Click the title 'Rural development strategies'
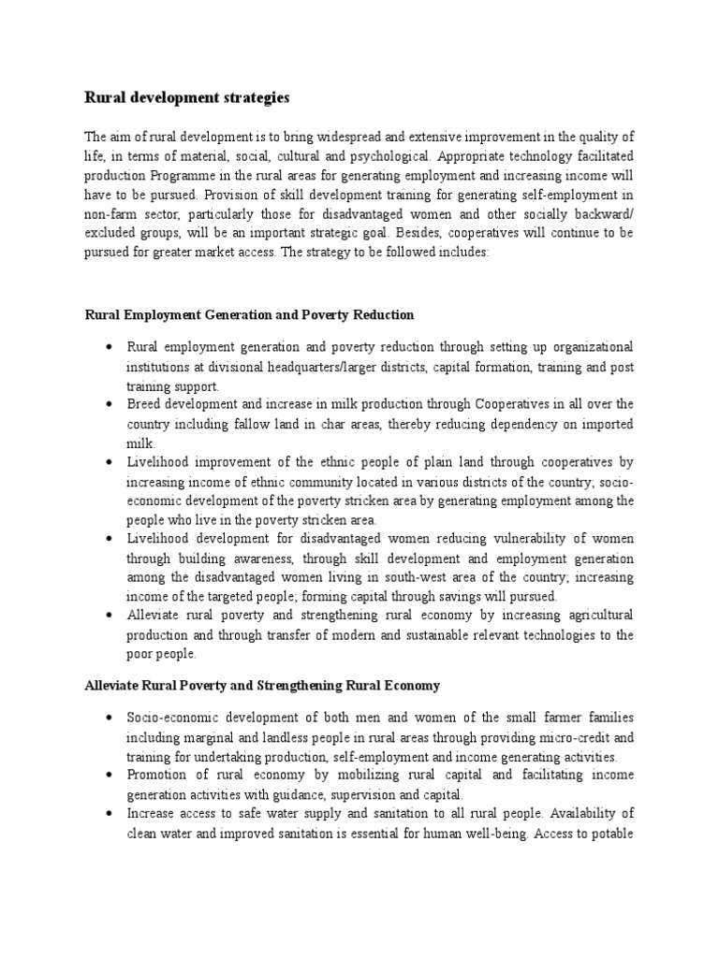188,97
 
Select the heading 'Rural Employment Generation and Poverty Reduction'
249,314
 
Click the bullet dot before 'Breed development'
110,404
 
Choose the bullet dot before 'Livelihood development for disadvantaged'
110,539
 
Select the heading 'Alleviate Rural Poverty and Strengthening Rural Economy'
262,685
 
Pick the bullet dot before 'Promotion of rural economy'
110,775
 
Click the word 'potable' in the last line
610,833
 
